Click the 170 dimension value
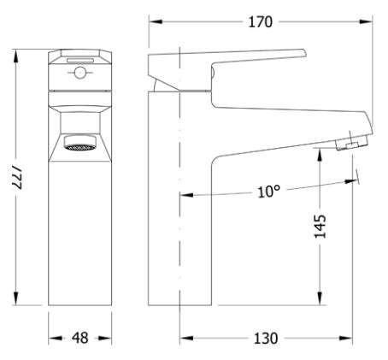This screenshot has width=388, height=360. coord(261,22)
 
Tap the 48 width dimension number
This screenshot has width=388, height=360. coord(79,338)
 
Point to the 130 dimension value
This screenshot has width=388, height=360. coord(266,339)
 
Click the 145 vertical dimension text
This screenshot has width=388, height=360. coord(320,226)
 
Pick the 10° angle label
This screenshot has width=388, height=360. coord(268,192)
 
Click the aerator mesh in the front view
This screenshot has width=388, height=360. coord(79,147)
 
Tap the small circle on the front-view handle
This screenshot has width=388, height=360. coord(79,73)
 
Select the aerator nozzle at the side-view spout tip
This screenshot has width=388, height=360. coord(352,143)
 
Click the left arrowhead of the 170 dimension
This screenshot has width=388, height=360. coord(156,21)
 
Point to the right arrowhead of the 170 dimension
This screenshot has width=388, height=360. coord(366,21)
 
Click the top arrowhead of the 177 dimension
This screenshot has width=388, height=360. coord(16,56)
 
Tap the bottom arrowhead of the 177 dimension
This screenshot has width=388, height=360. coord(16,298)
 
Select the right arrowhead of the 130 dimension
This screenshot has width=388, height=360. coord(346,339)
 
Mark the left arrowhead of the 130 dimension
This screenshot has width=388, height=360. coord(187,339)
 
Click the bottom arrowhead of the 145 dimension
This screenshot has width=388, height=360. coord(320,298)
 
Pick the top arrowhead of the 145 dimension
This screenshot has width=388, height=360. coord(320,155)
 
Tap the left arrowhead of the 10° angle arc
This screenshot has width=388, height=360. coord(187,195)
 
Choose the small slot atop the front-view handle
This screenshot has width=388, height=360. coord(80,60)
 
